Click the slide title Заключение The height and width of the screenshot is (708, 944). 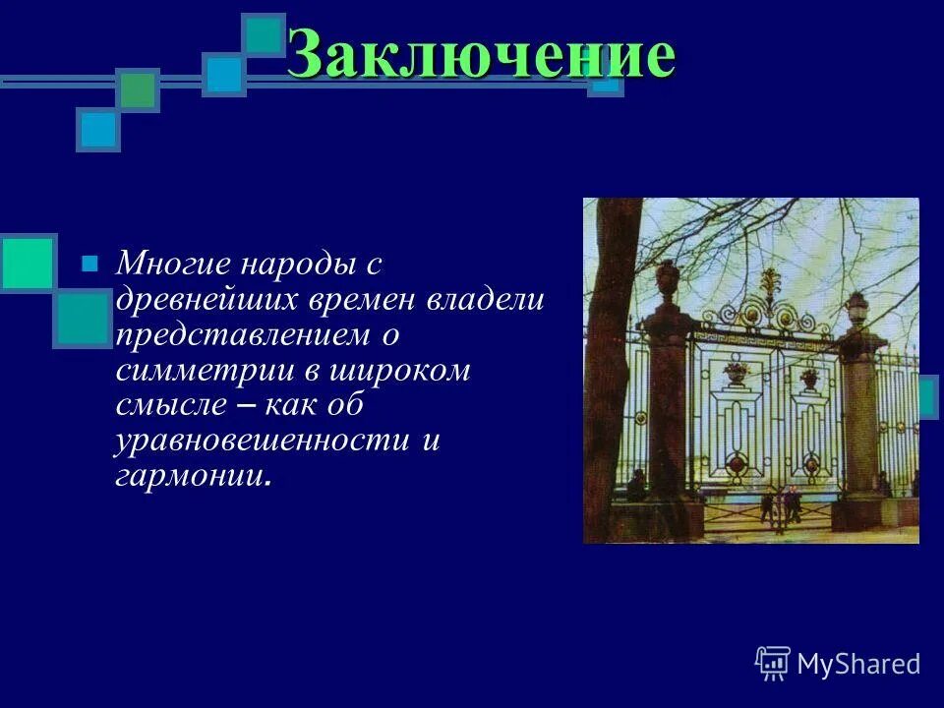pos(482,54)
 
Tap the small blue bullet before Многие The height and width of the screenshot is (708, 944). pos(89,264)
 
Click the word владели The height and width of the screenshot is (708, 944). pos(484,299)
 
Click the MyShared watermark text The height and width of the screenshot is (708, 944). pos(858,664)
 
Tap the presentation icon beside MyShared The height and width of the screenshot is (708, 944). pos(773,664)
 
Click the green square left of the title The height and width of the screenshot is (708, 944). pos(139,90)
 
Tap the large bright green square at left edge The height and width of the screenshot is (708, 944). pos(27,263)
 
